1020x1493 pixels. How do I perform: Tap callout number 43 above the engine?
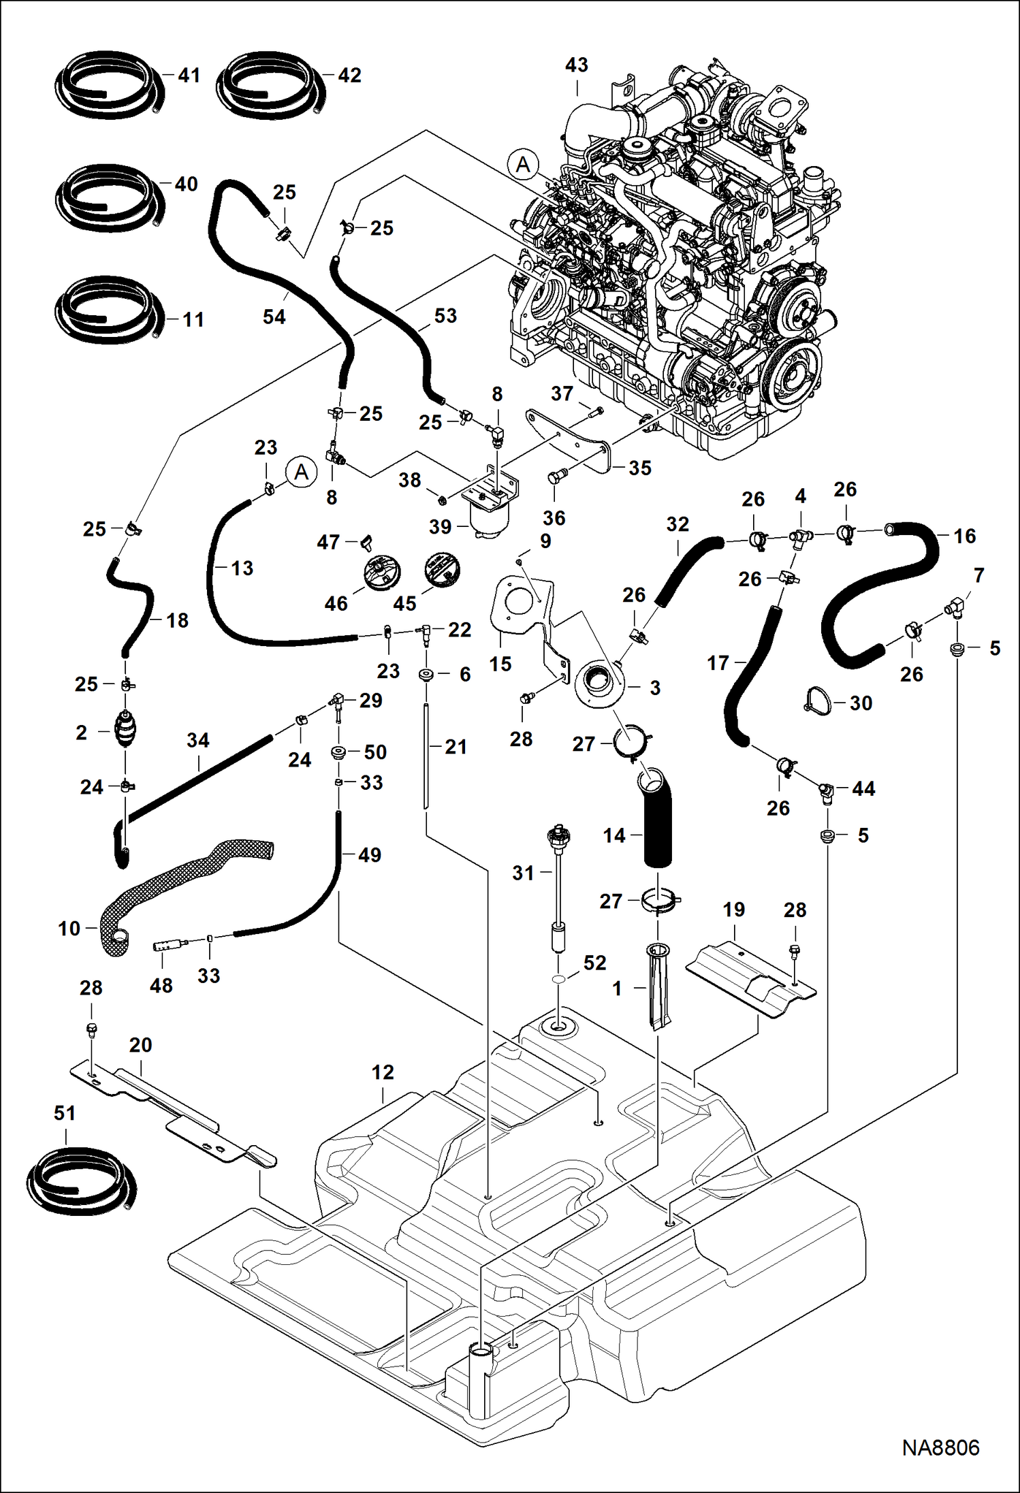576,65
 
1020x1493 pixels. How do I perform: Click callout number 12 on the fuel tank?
383,1073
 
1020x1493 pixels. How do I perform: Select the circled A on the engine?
523,164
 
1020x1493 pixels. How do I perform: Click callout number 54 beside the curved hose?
274,317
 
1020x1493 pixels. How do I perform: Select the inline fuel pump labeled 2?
125,730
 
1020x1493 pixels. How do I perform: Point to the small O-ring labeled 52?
558,978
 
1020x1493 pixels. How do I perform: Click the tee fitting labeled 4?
798,536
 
